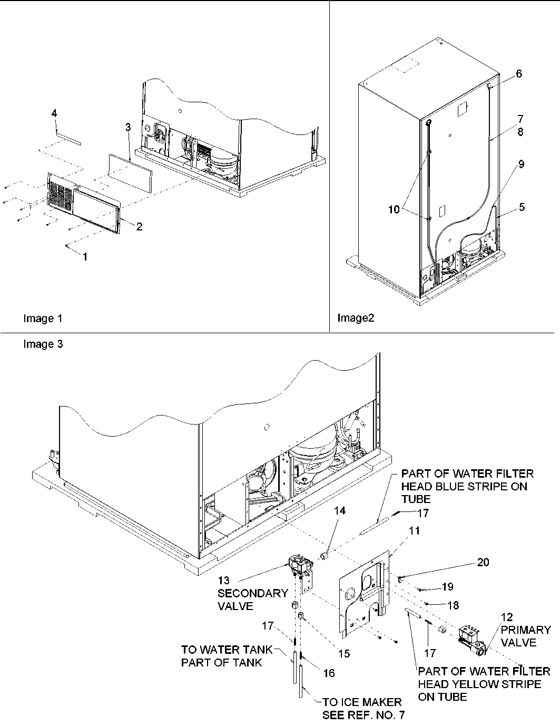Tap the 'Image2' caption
[356, 318]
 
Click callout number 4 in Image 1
[54, 113]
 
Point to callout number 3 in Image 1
[128, 127]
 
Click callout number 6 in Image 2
[519, 74]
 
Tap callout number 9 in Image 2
[521, 164]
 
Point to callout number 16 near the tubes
[329, 673]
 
